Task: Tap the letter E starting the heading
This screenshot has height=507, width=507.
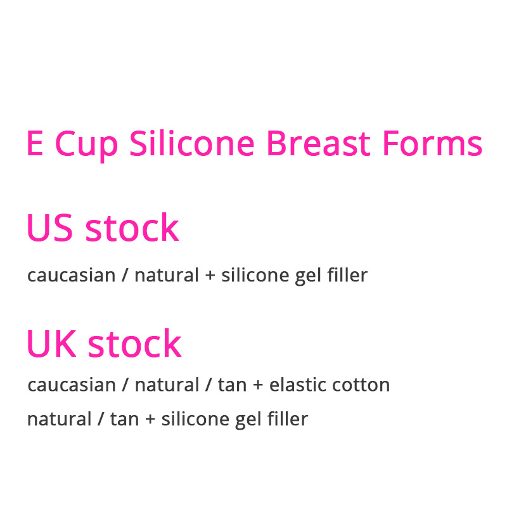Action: click(35, 144)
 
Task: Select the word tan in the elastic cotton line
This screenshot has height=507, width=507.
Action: click(232, 385)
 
